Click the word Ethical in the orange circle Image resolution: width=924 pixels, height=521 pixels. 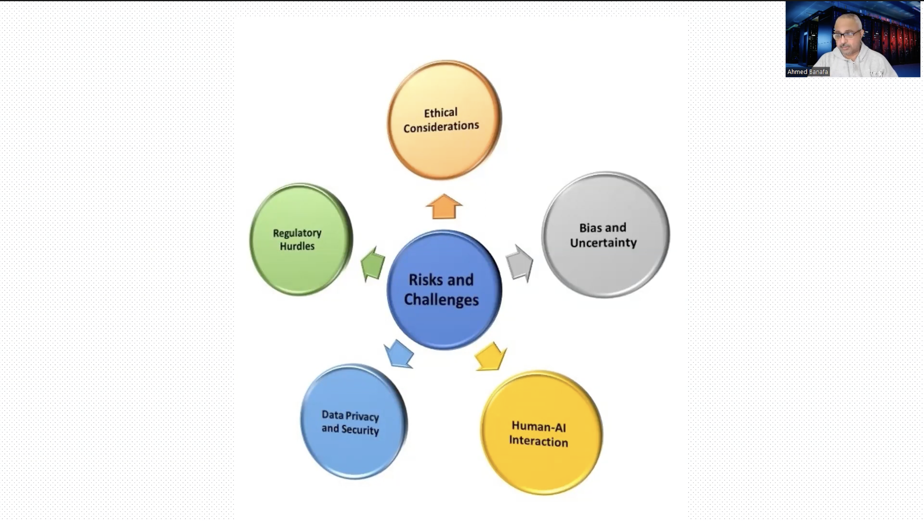pos(441,113)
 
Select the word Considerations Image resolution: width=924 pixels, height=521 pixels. pos(441,126)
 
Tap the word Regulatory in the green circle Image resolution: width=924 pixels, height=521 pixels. pos(297,233)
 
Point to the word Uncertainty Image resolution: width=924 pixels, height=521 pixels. pos(603,243)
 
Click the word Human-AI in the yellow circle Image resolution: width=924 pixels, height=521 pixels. pos(538,426)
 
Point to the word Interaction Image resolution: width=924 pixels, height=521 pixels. pos(538,441)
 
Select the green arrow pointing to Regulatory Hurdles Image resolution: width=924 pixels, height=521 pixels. pos(373,264)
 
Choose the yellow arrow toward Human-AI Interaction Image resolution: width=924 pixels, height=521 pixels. pos(490,356)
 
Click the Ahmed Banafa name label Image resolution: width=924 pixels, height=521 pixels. pos(807,72)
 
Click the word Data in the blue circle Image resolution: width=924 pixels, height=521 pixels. pos(332,415)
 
